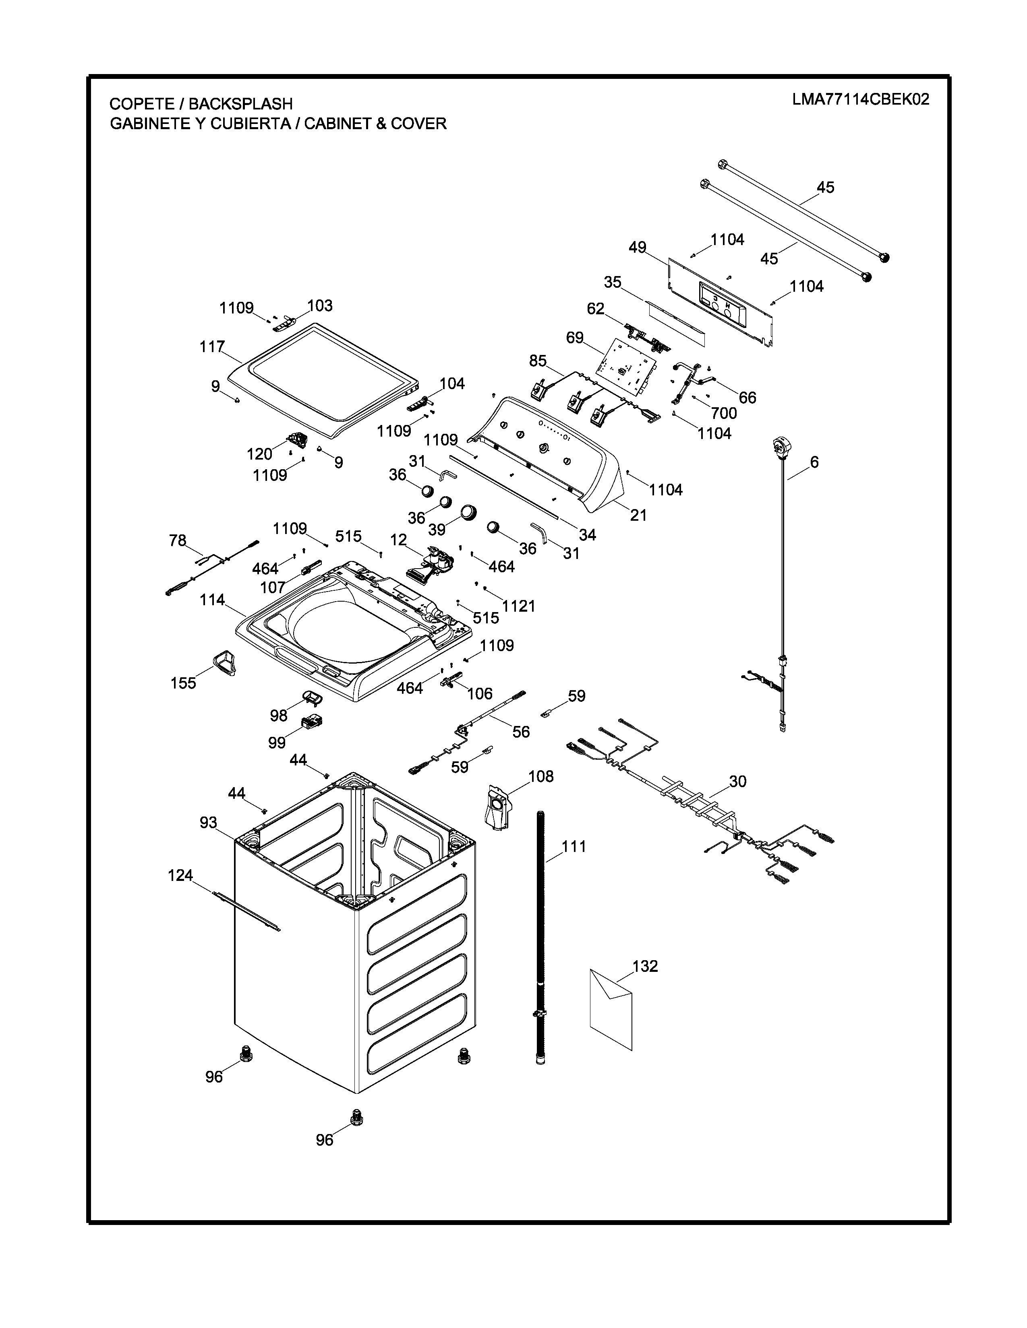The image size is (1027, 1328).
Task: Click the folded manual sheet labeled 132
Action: [611, 1009]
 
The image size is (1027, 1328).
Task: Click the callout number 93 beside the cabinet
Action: [208, 823]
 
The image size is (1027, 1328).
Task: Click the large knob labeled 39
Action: [468, 512]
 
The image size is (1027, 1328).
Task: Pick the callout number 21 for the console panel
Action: [638, 515]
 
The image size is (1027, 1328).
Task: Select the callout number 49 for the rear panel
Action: [637, 247]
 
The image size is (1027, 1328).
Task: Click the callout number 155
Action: [183, 683]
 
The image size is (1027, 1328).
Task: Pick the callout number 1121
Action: [519, 606]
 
